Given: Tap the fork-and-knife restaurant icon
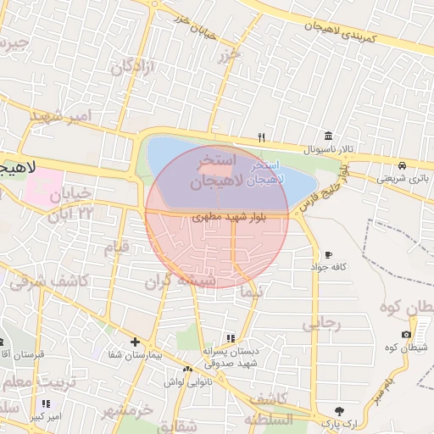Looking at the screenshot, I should coord(262,137).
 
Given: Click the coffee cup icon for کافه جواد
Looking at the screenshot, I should coord(328,254).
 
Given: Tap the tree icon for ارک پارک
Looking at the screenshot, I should coord(341,409).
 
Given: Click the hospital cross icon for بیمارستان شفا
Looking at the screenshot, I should coord(135,342).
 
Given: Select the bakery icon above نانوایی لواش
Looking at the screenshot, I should coord(187,370).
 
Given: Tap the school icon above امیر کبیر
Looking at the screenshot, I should coord(45,404).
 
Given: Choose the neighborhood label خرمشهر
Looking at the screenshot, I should coord(127,410).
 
